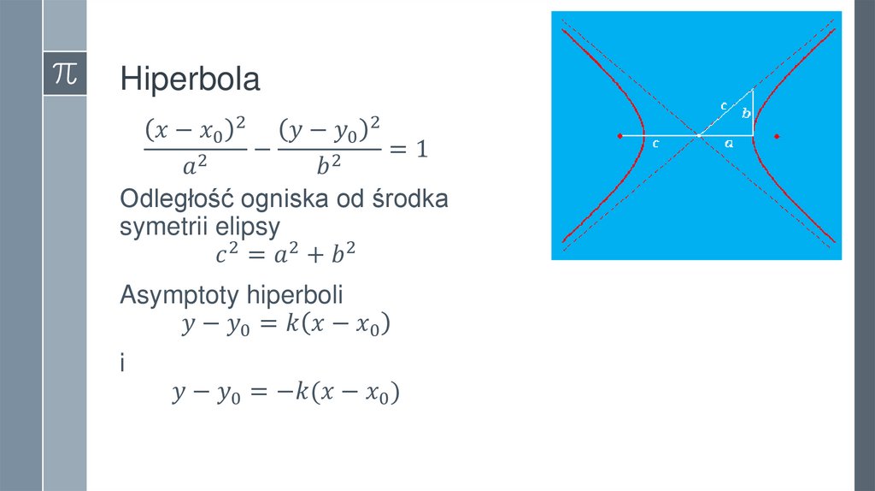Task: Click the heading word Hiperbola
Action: [x=190, y=80]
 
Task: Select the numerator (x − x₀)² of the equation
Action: [x=195, y=130]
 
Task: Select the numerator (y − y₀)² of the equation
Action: [x=329, y=130]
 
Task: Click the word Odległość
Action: [x=177, y=200]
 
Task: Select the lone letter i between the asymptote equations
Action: [x=123, y=364]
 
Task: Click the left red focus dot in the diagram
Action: [x=620, y=136]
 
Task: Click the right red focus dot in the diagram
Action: [x=777, y=136]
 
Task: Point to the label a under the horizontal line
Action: [x=729, y=145]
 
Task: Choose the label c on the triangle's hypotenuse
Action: [x=724, y=106]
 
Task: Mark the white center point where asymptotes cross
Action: [x=698, y=135]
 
